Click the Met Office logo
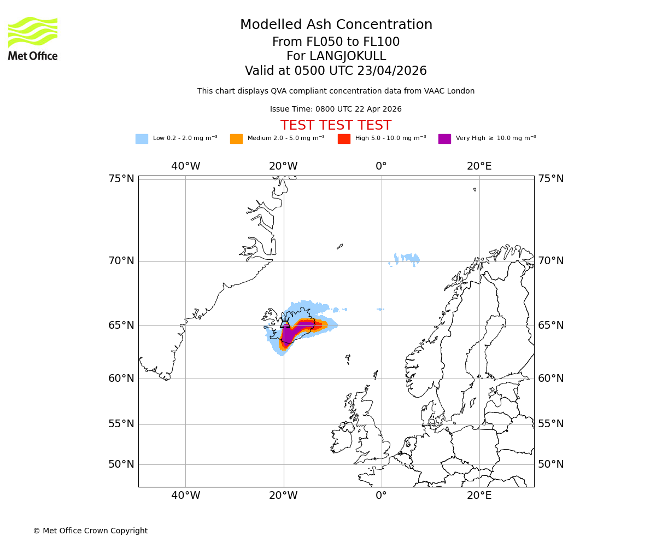pos(33,38)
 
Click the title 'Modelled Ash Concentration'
pos(336,25)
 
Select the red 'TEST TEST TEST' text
pos(336,125)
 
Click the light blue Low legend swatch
pos(142,139)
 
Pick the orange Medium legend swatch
pos(236,139)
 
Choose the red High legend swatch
pos(344,139)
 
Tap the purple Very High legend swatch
pos(444,139)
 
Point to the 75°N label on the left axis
pos(121,179)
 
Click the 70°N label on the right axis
pos(551,261)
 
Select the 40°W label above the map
pos(185,166)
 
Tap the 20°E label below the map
pos(479,496)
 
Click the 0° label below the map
pos(382,496)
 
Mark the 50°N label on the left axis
pos(121,464)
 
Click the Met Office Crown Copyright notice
pos(90,531)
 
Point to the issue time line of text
pos(336,109)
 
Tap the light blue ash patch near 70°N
pos(407,258)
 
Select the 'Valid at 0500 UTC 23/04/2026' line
pos(336,71)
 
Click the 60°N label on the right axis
pos(551,379)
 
